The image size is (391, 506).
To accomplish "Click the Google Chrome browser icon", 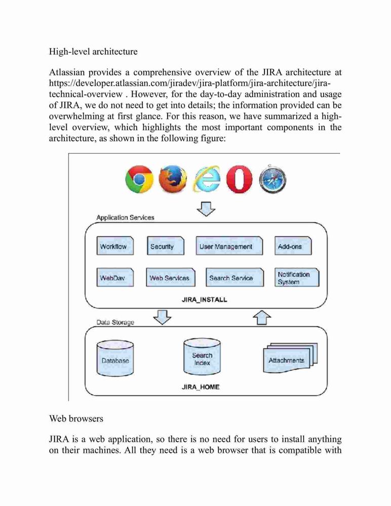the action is pos(139,180).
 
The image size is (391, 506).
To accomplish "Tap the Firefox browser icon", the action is pos(173,179).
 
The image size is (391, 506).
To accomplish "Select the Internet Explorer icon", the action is pos(207,179).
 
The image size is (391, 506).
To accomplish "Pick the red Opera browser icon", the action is pos(240,180).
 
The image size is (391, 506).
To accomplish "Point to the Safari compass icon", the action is pos(272,179).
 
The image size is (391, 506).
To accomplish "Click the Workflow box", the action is pos(115,246).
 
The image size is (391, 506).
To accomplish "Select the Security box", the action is pos(166,246).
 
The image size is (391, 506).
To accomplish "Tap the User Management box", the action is pos(229,246).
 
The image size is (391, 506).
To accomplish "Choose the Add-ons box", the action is pos(293,246).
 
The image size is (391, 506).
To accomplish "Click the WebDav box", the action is pos(115,277).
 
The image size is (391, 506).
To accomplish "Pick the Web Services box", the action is pos(171,277).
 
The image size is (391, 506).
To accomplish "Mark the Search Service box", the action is pos(235,277).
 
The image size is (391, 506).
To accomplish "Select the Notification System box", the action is pos(297,277).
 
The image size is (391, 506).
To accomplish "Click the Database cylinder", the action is pos(115,358).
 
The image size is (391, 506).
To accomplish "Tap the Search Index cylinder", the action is pos(202,357).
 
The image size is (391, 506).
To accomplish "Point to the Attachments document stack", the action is pos(291,358).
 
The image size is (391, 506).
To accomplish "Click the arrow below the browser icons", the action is pos(206,209).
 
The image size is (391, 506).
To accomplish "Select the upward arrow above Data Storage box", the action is pos(262,318).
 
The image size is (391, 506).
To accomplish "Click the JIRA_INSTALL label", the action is pos(205,300).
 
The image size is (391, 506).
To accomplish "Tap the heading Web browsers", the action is pos(76,418).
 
